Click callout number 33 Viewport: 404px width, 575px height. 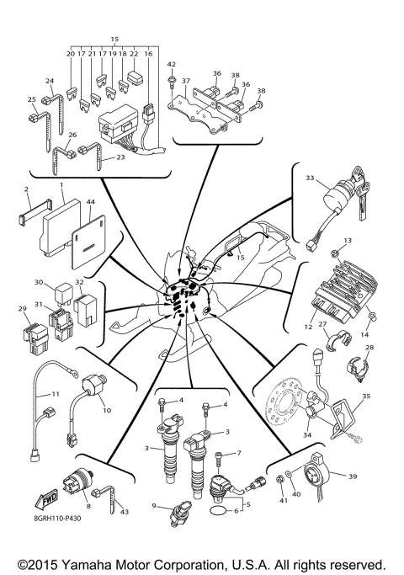click(310, 178)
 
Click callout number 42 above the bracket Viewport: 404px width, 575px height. click(171, 64)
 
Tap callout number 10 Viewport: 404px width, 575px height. click(106, 410)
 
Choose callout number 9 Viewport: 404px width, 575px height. click(154, 505)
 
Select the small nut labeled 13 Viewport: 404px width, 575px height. click(334, 252)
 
